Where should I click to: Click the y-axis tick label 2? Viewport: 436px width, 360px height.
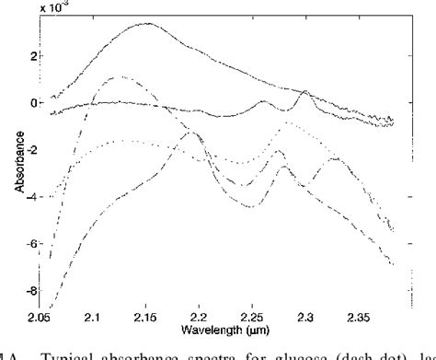[34, 55]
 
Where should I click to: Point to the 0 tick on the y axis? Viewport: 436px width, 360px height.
[34, 102]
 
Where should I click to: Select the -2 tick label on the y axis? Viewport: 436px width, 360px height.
[32, 150]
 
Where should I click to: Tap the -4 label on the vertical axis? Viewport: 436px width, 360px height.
[32, 197]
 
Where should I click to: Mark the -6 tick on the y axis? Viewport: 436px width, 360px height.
[32, 245]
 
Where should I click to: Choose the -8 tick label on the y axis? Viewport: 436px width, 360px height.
[32, 292]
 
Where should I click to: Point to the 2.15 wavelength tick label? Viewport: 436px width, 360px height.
[147, 317]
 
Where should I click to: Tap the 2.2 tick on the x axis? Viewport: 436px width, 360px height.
[201, 317]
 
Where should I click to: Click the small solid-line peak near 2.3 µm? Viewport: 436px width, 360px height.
[304, 92]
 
